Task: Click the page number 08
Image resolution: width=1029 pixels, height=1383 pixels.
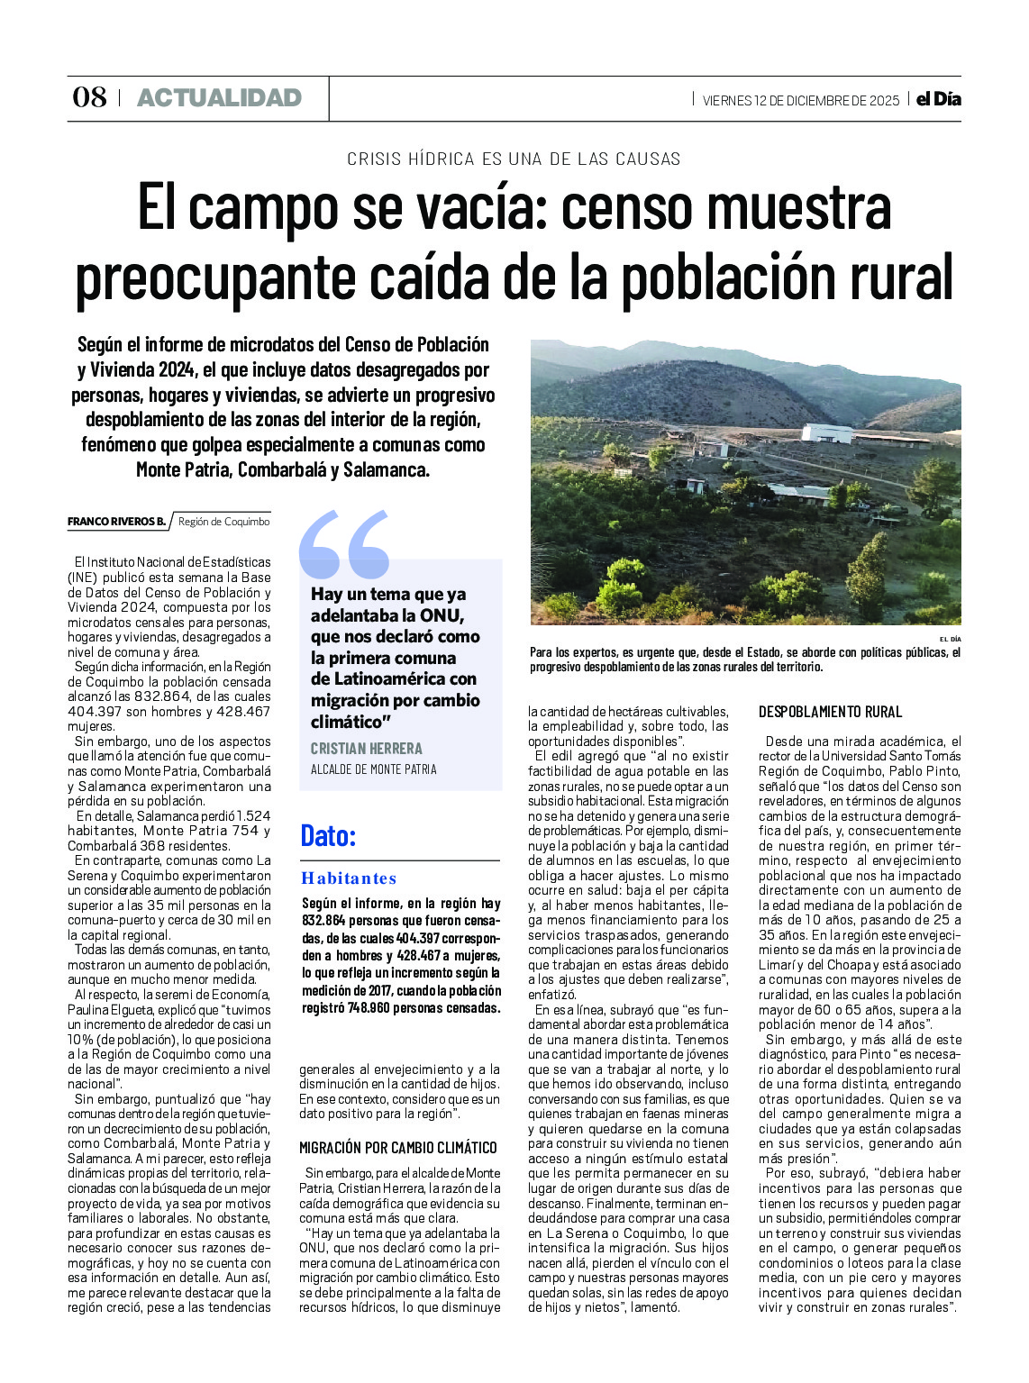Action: (89, 97)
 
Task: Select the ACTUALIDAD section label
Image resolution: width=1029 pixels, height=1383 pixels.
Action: (219, 98)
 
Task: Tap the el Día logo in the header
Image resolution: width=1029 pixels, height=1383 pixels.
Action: (938, 99)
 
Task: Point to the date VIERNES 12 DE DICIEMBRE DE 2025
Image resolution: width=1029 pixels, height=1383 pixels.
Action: (800, 100)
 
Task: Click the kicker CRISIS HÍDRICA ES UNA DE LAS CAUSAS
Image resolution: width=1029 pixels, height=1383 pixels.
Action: (514, 159)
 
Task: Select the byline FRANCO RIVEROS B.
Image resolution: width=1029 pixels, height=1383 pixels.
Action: (116, 522)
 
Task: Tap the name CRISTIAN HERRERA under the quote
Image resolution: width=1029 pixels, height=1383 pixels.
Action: (366, 749)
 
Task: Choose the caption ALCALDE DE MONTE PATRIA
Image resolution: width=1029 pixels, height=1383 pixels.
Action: (373, 769)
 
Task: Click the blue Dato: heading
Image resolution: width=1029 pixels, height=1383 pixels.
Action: (328, 835)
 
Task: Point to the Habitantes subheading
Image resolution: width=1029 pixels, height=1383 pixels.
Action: (348, 878)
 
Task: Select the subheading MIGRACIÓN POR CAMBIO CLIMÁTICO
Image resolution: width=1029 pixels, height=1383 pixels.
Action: (397, 1148)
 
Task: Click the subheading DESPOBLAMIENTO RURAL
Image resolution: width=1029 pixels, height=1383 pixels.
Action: (829, 712)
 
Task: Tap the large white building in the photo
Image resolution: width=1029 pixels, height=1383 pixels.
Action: (826, 432)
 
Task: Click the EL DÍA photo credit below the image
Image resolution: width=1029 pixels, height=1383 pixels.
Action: (950, 639)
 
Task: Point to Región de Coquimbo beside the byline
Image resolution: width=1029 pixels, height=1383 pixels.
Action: (223, 522)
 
